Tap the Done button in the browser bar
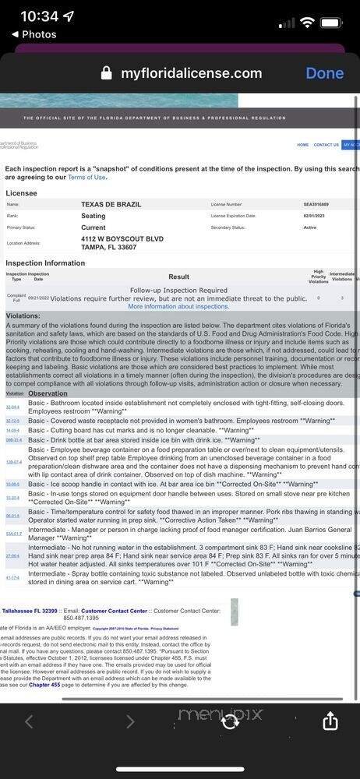pos(324,73)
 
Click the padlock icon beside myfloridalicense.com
pos(107,74)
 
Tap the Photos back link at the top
pos(34,34)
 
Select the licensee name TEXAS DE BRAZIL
pos(110,204)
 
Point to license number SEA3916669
pos(316,204)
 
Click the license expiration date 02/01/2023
pos(315,216)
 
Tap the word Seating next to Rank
pos(94,216)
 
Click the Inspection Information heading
pos(45,263)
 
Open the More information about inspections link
pos(178,307)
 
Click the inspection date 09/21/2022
pos(38,298)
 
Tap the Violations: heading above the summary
pos(23,316)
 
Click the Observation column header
pos(48,394)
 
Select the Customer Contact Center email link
pos(115,611)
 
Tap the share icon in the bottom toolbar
pos(330,721)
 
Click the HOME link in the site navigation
pos(302,145)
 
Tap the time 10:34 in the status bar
pos(39,16)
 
